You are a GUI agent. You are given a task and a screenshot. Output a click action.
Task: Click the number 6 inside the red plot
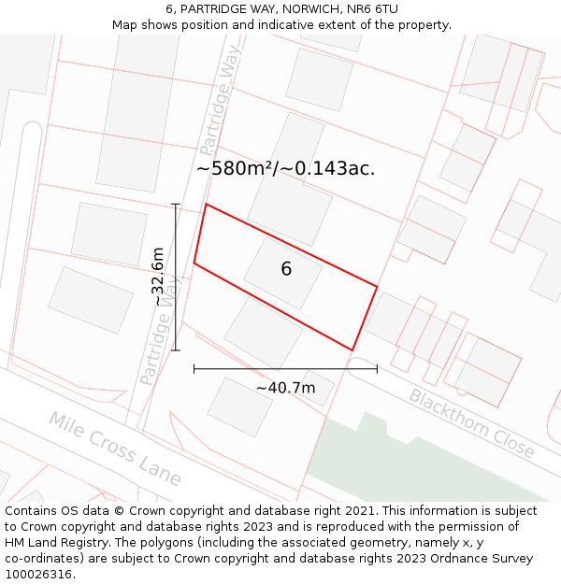click(286, 269)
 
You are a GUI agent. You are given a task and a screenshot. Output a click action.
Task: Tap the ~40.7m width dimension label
click(285, 388)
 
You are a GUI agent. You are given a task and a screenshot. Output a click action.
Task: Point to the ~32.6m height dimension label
click(158, 277)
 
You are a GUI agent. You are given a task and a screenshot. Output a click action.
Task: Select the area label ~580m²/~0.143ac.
click(285, 169)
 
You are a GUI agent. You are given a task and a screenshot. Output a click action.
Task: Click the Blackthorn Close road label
click(471, 422)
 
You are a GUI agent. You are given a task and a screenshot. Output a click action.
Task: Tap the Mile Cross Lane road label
click(115, 449)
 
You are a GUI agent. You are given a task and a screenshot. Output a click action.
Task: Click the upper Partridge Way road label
click(220, 104)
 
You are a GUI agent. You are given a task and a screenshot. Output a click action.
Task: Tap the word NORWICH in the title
click(285, 9)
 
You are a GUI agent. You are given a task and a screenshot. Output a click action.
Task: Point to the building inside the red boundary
click(282, 272)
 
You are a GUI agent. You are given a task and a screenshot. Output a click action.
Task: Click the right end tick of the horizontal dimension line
click(377, 368)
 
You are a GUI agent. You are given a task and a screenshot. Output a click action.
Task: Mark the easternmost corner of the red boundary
click(377, 287)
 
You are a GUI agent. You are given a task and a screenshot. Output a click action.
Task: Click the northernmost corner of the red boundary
click(207, 204)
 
